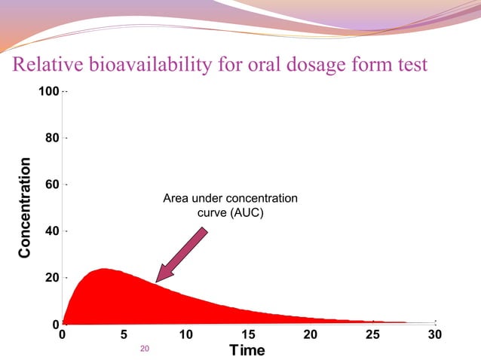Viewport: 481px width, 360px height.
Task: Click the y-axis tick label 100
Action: pos(49,92)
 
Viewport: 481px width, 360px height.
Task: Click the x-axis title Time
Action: pos(247,351)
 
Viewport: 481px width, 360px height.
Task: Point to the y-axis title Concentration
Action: pos(26,208)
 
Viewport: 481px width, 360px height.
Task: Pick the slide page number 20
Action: pos(146,349)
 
